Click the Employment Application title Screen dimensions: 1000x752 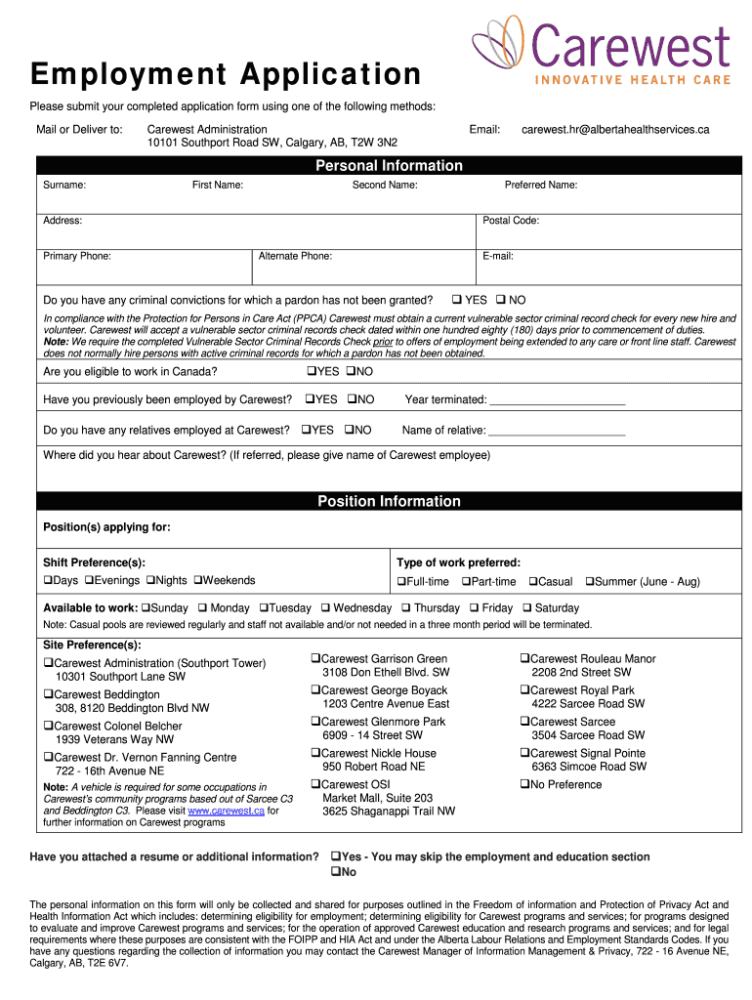pos(226,75)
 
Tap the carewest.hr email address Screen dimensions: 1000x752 pos(615,130)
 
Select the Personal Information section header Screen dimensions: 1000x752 pos(389,166)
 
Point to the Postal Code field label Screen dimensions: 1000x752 pos(511,221)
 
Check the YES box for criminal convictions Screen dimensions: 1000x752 pos(455,300)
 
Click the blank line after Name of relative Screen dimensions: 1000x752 pos(557,431)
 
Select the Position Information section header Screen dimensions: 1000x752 pos(389,502)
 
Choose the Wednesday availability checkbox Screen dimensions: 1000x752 pos(325,608)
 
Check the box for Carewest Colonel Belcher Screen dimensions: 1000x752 pos(48,727)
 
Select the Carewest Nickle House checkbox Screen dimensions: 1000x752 pos(315,754)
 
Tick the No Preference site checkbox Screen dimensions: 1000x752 pos(523,784)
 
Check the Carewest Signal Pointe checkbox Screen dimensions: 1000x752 pos(523,754)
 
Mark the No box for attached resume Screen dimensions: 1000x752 pos(335,872)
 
